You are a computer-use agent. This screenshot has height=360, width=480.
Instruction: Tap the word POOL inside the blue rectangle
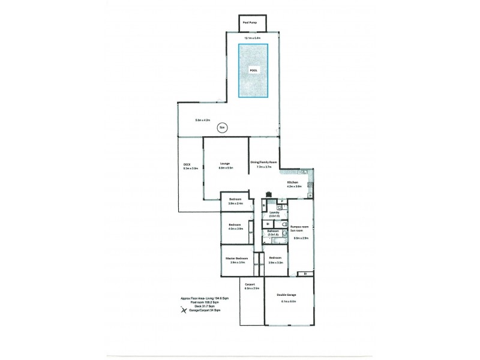253,70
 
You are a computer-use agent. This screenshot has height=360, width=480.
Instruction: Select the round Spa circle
221,127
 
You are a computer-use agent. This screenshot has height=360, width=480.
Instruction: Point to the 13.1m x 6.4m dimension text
252,37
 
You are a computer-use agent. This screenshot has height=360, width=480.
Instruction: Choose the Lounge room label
226,163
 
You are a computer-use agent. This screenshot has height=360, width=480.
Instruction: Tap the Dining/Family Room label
264,163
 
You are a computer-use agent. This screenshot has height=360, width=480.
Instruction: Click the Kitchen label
293,182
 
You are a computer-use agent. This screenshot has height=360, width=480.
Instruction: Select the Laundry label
274,212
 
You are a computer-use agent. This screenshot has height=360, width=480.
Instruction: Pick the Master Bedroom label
237,259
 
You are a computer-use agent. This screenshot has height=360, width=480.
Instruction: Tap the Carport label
251,284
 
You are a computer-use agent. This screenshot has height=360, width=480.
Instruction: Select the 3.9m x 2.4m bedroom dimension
235,204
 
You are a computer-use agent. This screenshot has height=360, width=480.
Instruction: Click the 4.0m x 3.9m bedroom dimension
235,229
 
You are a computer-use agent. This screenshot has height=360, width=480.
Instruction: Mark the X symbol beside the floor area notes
178,310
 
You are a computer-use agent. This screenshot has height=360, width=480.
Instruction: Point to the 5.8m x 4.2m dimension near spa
203,120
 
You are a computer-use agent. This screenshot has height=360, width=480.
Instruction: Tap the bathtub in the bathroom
278,240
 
